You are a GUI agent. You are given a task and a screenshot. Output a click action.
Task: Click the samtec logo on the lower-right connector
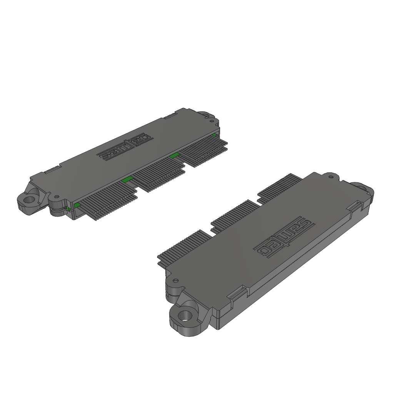point(284,238)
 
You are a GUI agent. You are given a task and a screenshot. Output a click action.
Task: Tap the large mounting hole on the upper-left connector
point(30,200)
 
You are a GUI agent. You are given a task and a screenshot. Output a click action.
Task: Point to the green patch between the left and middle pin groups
point(127,179)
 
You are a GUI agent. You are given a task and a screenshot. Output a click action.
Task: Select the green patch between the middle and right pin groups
point(175,155)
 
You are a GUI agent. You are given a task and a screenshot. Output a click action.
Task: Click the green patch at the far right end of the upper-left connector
point(214,135)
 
